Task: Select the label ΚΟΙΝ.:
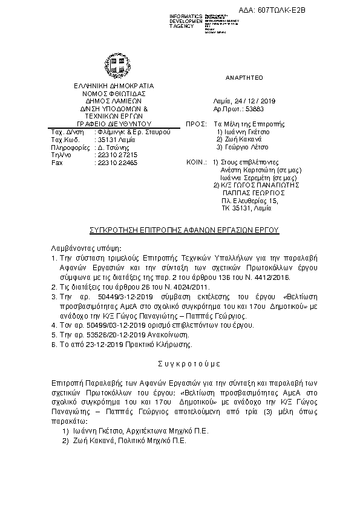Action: pyautogui.click(x=195, y=163)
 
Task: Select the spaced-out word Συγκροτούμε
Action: pyautogui.click(x=180, y=365)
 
